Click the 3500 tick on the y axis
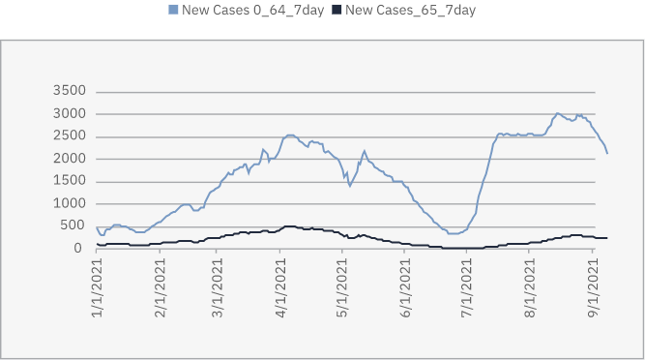(71, 91)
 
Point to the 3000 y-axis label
(71, 113)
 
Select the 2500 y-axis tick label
(71, 135)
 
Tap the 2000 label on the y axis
(71, 158)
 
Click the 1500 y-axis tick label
(71, 181)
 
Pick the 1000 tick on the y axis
(71, 203)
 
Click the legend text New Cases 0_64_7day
(250, 10)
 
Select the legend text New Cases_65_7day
(410, 10)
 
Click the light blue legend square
(174, 10)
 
